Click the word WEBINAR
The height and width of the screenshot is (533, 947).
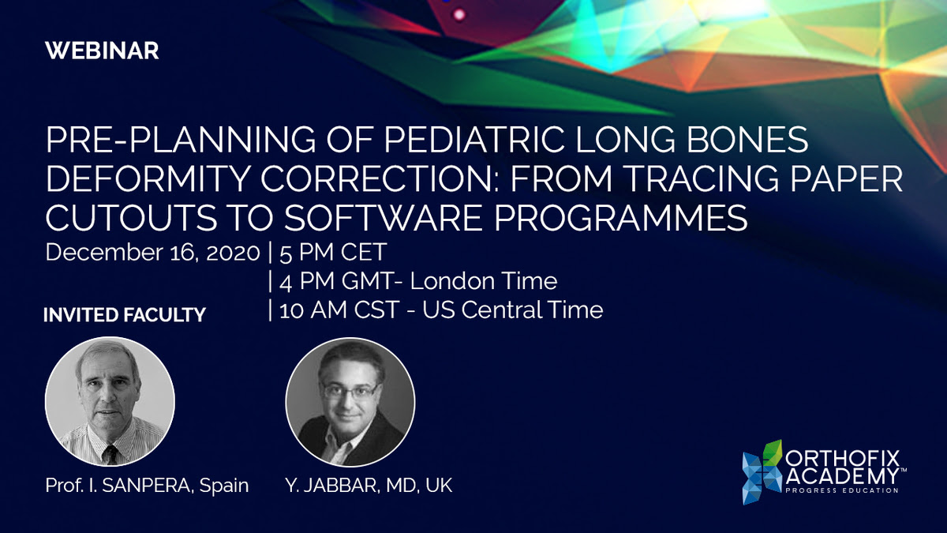point(102,51)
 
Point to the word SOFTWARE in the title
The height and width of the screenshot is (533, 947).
point(383,218)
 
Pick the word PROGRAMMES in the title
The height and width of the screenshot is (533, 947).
point(620,218)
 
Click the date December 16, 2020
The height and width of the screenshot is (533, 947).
point(152,253)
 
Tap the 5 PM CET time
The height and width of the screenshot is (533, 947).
point(333,253)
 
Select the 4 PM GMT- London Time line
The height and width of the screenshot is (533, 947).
point(418,281)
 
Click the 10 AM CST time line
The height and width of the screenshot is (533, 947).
point(441,310)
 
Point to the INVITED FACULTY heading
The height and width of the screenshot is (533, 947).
point(125,315)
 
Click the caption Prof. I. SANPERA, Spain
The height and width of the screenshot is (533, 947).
point(147,486)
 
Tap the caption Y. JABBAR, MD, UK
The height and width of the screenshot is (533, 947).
point(369,486)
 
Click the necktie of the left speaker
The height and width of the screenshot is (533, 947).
point(110,454)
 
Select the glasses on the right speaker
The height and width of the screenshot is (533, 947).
point(350,390)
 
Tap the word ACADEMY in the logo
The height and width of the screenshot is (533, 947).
point(842,476)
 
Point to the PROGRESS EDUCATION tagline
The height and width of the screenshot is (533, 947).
point(842,490)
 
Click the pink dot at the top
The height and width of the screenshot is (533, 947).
point(459,15)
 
